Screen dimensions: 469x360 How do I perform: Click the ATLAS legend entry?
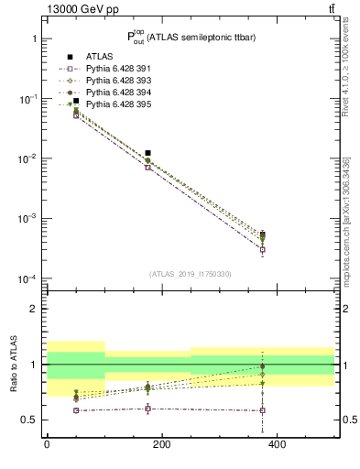click(x=96, y=57)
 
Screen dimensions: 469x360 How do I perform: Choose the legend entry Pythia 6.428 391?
click(x=115, y=69)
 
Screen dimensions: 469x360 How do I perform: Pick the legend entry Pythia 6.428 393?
click(x=115, y=81)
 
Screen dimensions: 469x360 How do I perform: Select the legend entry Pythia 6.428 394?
click(x=115, y=93)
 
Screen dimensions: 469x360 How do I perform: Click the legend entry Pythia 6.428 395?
click(x=115, y=104)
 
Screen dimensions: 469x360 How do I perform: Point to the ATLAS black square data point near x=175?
click(x=147, y=153)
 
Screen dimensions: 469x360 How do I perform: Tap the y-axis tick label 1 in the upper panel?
click(x=33, y=39)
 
